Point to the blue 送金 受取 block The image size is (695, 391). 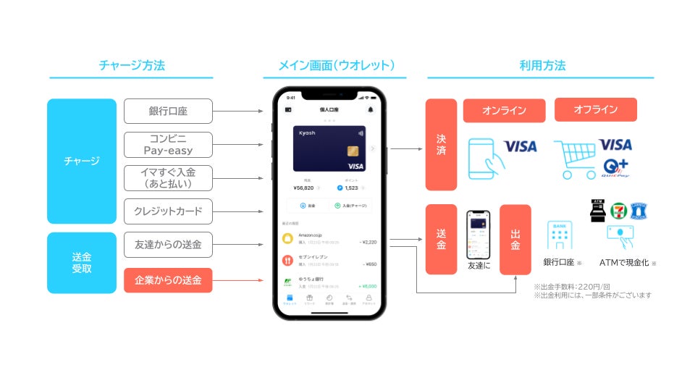click(81, 263)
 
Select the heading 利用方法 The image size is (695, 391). click(542, 66)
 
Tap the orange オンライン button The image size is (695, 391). click(504, 111)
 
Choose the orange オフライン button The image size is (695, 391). click(595, 110)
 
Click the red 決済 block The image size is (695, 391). click(441, 144)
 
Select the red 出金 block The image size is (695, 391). click(515, 240)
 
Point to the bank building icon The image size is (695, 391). click(560, 235)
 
